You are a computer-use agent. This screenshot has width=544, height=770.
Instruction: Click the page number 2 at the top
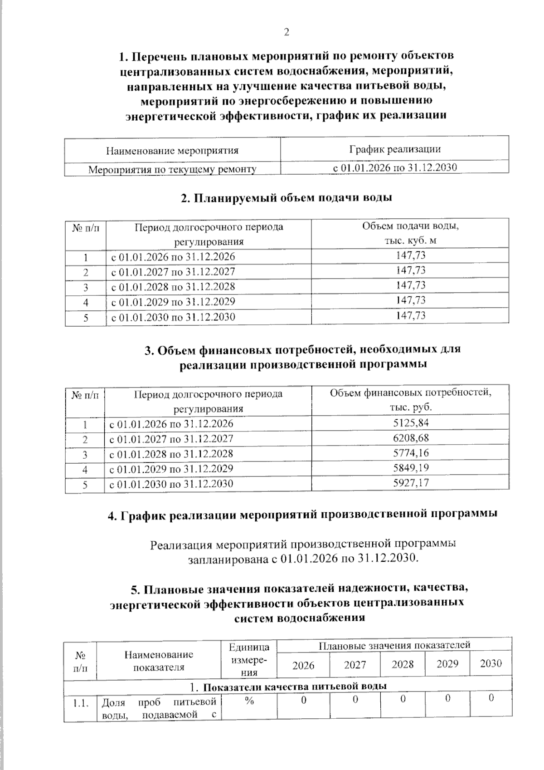pos(286,32)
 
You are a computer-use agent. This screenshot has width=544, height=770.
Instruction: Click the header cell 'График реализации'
pos(394,149)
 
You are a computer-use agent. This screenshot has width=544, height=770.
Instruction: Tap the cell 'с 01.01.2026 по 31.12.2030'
pos(394,168)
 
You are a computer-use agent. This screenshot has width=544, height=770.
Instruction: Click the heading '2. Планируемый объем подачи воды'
pos(286,198)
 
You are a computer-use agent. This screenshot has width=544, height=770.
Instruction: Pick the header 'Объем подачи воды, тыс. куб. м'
pos(410,233)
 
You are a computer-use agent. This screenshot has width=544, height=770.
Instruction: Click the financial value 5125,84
pos(410,423)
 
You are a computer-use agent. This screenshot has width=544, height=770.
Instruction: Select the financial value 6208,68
pos(410,438)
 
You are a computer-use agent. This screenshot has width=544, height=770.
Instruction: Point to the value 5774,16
pos(410,453)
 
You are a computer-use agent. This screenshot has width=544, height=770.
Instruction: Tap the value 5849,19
pos(410,468)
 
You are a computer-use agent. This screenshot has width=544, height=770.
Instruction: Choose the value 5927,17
pos(410,483)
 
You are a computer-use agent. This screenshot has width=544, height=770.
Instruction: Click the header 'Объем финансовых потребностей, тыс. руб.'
pos(410,400)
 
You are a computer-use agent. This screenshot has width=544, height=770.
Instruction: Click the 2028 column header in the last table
pos(403,664)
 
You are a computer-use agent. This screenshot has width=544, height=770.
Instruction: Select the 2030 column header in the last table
pos(491,664)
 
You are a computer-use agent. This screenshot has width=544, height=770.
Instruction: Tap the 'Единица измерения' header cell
pos(249,660)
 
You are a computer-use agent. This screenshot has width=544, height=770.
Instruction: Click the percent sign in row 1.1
pos(249,701)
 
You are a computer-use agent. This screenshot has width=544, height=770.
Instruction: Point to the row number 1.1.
pos(80,703)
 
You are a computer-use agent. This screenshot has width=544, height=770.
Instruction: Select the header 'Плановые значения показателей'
pos(394,645)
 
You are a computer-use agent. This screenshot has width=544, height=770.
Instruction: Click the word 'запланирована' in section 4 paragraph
pos(228,559)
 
